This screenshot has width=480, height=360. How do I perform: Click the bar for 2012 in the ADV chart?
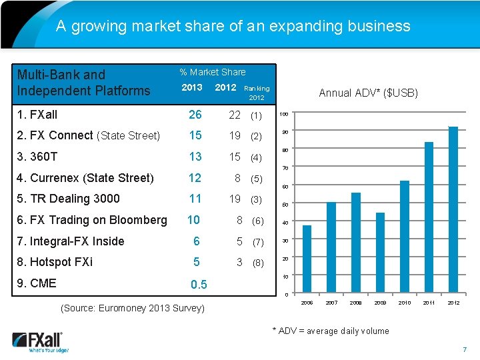[453, 210]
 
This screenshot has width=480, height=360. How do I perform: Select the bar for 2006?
[307, 260]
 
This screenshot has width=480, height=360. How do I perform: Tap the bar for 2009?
[380, 253]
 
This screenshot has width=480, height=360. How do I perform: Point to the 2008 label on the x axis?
[355, 303]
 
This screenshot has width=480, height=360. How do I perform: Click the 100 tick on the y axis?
[283, 113]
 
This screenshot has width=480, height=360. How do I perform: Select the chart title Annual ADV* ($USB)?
[369, 93]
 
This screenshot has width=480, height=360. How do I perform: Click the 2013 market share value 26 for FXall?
[195, 115]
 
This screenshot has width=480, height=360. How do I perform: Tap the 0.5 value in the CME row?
[199, 285]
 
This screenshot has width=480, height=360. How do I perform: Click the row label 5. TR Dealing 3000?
[68, 199]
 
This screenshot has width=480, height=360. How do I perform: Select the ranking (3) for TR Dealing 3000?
[256, 199]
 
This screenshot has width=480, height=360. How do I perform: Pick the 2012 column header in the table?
[225, 87]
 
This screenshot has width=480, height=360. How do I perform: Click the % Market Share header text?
[212, 72]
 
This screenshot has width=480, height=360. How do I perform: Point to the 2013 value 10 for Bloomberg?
[193, 220]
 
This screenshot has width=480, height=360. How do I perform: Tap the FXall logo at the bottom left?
[40, 341]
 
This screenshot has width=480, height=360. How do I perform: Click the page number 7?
[465, 350]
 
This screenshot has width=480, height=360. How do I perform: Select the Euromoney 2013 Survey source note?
[133, 308]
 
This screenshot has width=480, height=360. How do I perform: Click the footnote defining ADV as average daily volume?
[330, 331]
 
